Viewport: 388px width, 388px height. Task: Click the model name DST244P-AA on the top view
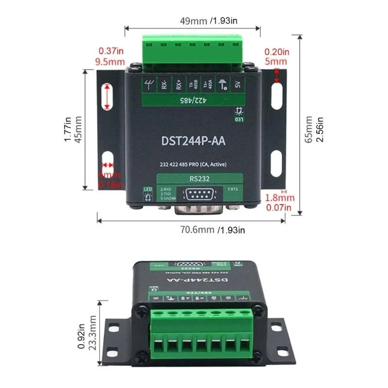[193, 141]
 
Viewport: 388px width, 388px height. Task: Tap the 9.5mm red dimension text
[111, 62]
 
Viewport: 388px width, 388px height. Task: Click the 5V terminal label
[238, 85]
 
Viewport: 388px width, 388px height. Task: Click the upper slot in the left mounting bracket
[107, 97]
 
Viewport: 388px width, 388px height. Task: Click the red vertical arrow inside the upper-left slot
[107, 97]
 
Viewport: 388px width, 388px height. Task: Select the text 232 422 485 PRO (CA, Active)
[194, 165]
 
